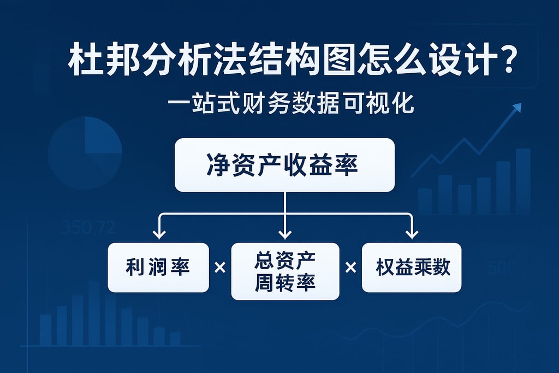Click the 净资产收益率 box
pos(284,165)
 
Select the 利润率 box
pos(158,268)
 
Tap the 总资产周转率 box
pos(285,271)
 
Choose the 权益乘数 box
pos(412,268)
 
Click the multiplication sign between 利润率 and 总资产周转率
pos(220,268)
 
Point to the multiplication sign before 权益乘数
pos(350,268)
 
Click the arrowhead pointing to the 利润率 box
pos(159,234)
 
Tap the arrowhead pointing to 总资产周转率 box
pos(285,234)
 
